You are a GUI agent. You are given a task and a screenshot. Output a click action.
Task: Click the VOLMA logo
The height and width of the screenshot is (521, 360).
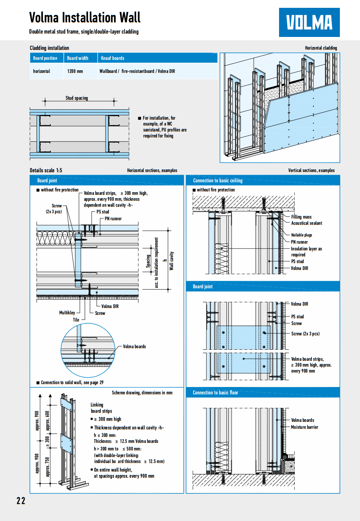(x=309, y=22)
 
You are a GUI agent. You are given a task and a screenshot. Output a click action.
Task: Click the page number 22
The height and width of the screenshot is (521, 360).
(x=21, y=500)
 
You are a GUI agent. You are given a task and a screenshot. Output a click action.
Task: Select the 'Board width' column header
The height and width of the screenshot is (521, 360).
(x=78, y=58)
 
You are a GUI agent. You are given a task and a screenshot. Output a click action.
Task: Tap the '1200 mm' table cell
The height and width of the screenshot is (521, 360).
(x=75, y=71)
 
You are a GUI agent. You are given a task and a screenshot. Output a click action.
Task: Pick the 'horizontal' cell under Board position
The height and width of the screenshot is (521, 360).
(x=41, y=71)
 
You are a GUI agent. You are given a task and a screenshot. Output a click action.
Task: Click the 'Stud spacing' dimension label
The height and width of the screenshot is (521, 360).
(x=76, y=98)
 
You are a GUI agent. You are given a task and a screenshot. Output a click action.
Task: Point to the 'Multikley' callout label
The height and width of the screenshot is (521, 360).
(x=67, y=313)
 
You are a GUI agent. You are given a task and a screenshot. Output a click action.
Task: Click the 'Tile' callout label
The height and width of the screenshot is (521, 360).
(x=76, y=320)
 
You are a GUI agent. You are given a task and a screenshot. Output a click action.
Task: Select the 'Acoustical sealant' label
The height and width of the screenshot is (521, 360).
(x=306, y=223)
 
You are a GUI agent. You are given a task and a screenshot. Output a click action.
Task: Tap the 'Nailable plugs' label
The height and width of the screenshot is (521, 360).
(x=301, y=235)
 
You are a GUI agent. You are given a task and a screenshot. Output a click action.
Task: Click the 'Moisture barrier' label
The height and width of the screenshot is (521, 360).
(x=304, y=427)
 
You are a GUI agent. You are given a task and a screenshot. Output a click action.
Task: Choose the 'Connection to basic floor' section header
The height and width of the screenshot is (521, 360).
(x=215, y=393)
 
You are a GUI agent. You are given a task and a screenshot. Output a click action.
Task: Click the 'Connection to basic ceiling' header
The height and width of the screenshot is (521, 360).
(x=217, y=181)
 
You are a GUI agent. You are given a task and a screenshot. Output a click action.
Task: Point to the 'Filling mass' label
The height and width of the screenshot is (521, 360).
(x=301, y=217)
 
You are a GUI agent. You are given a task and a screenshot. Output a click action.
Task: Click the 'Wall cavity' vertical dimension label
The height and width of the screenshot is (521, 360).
(x=172, y=261)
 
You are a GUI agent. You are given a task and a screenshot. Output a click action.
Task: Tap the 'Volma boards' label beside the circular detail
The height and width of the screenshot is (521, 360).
(x=134, y=347)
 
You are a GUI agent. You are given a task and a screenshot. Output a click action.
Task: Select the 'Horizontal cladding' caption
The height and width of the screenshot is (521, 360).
(x=321, y=48)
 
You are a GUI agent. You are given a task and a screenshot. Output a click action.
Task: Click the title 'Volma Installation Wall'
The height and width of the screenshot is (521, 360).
(x=85, y=18)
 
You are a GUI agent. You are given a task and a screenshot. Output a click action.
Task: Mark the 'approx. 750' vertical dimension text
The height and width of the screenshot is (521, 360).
(x=47, y=467)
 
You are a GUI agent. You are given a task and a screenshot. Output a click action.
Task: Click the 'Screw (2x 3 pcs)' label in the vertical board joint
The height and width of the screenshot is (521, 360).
(x=305, y=334)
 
